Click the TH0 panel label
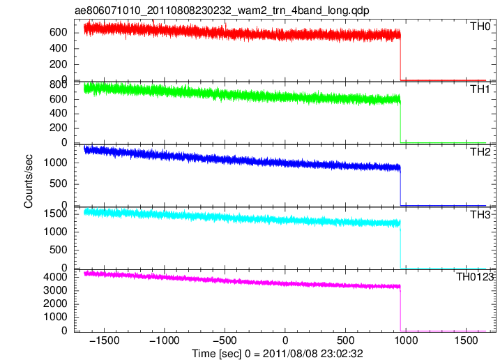pos(480,27)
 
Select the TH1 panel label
pos(480,89)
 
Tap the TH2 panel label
pos(480,152)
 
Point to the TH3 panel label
pos(480,215)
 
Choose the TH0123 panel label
pos(475,277)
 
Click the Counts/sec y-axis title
pos(28,181)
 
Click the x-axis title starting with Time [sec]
pos(278,354)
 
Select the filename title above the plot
pos(222,10)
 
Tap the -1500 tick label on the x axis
pos(105,340)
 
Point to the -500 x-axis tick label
pos(225,340)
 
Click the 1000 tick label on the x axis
pos(406,340)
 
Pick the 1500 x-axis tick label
pos(467,340)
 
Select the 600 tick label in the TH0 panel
pos(59,32)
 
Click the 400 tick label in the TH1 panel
pos(59,113)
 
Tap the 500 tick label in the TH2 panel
pos(59,183)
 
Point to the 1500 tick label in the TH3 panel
pos(56,213)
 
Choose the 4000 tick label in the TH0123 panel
pos(56,277)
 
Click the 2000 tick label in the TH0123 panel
pos(56,303)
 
